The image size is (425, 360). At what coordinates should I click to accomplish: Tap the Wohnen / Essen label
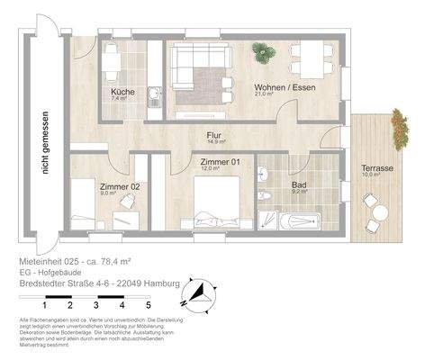click(271, 87)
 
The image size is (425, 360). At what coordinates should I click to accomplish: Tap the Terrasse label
click(376, 168)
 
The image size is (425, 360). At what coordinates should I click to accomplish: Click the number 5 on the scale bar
click(147, 306)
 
